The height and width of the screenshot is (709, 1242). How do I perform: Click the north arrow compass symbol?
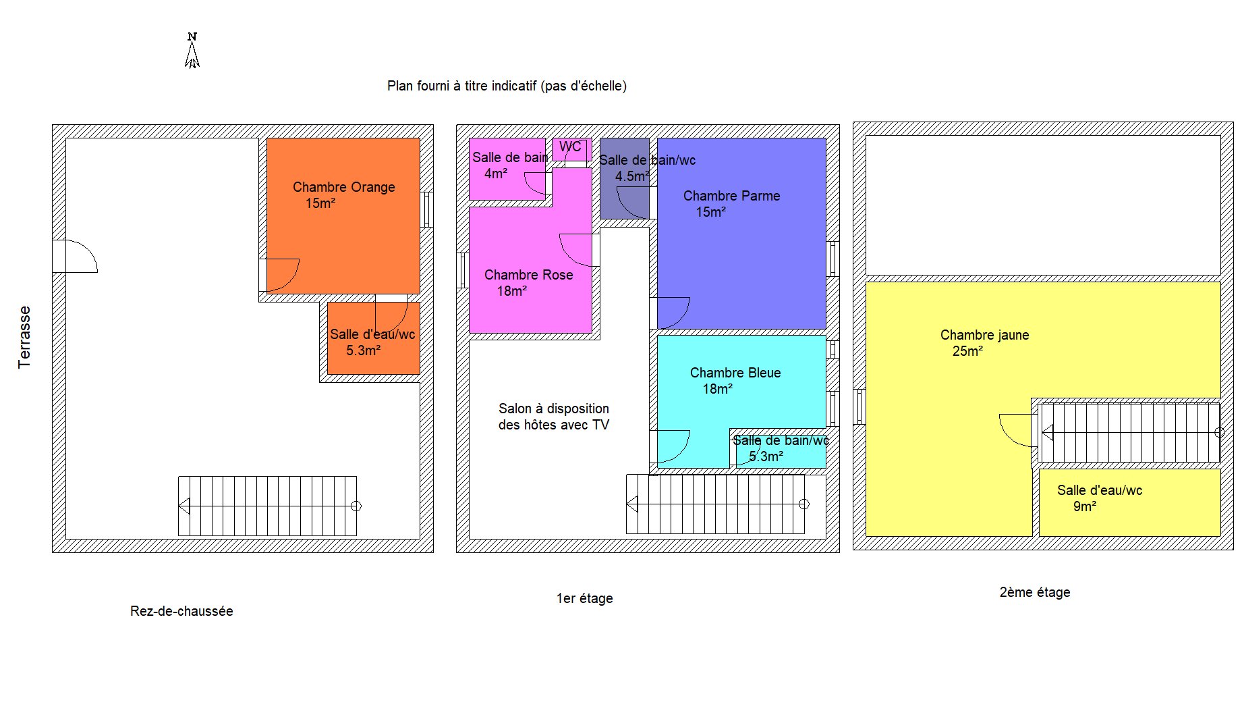tap(192, 51)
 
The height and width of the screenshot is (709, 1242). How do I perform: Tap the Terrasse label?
tap(24, 337)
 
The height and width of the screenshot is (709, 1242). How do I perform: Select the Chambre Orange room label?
tap(344, 187)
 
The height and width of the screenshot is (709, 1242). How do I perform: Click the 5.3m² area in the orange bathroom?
tap(363, 350)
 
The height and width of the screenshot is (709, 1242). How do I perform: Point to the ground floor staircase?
tap(268, 506)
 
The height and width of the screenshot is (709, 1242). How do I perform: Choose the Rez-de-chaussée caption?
tap(181, 611)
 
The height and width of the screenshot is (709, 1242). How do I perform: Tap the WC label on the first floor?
tap(570, 147)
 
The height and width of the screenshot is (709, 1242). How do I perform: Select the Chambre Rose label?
tap(528, 275)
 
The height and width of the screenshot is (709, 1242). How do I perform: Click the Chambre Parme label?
tap(731, 196)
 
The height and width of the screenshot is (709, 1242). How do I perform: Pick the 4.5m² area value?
tap(632, 176)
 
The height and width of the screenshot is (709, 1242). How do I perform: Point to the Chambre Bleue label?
tap(735, 373)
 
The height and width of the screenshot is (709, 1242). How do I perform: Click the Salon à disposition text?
tap(554, 409)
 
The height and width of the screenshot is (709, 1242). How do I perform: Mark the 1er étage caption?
tap(584, 598)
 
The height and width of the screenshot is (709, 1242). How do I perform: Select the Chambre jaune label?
tap(984, 335)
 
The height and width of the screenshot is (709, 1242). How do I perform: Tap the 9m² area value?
tap(1084, 506)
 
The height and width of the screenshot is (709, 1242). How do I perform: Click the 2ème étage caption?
tap(1035, 592)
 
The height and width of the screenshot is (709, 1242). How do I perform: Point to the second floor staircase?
tap(1129, 433)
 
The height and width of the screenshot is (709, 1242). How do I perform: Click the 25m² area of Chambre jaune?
tap(967, 351)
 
